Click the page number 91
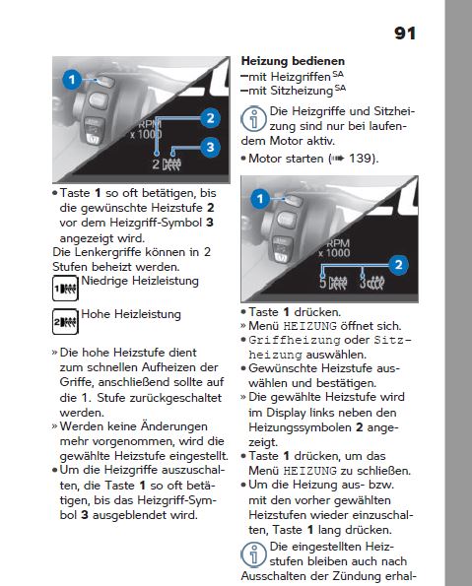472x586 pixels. (405, 33)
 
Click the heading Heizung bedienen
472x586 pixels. (293, 61)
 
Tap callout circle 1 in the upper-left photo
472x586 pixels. (72, 80)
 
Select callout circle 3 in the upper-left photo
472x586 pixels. (210, 147)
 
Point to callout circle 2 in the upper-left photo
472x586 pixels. (210, 118)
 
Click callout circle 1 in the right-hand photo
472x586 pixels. (260, 198)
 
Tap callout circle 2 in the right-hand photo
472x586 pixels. (398, 265)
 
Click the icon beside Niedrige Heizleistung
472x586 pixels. (65, 289)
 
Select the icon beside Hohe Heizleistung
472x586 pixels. (65, 321)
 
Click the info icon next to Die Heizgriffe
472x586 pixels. (253, 119)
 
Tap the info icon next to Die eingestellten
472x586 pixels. (253, 554)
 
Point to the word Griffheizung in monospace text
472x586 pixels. (295, 340)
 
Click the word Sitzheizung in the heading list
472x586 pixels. (302, 92)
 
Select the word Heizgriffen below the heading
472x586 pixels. (301, 77)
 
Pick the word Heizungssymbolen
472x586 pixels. (300, 427)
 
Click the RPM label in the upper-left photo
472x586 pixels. (150, 124)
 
